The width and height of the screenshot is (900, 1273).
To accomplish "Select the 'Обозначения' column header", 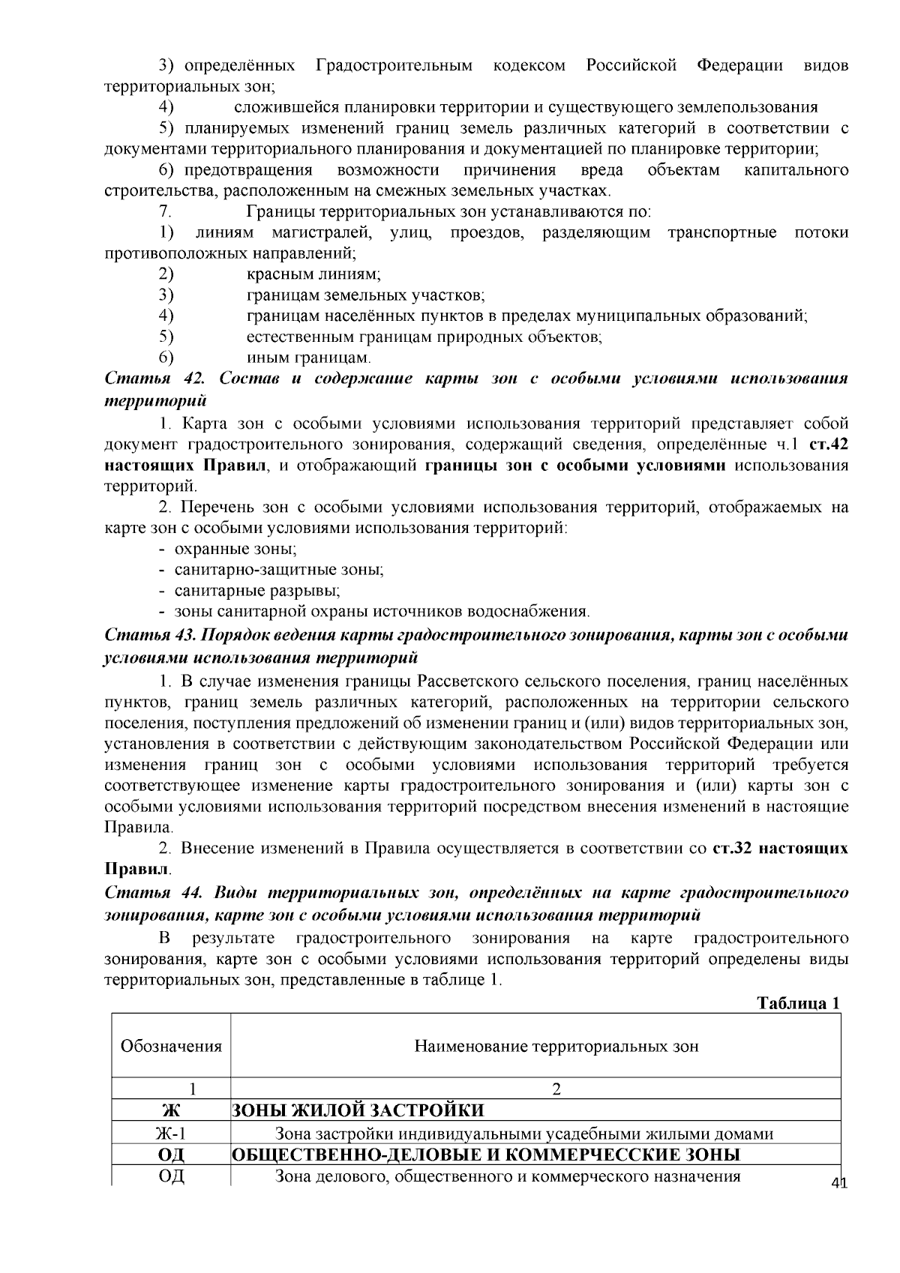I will point(171,1046).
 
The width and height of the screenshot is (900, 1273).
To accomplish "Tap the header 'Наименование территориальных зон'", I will point(556,1046).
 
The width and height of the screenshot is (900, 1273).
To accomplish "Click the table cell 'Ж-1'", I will point(171,1134).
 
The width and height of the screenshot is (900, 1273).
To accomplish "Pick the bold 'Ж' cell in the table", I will point(171,1110).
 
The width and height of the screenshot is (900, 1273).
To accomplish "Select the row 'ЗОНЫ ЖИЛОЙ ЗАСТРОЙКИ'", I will point(357,1110).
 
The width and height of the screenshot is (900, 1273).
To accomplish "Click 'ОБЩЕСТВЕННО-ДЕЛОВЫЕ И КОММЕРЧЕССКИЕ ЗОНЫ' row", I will point(485,1155).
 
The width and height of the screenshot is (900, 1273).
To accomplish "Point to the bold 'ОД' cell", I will point(171,1155).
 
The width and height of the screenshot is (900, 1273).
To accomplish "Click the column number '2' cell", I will point(556,1089).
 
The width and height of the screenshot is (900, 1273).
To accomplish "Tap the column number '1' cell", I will point(171,1089).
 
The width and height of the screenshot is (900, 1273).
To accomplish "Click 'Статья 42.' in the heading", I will point(149,379).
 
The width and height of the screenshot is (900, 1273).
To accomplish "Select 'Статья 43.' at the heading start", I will point(149,636).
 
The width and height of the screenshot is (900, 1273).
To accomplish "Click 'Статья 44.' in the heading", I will point(149,893).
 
